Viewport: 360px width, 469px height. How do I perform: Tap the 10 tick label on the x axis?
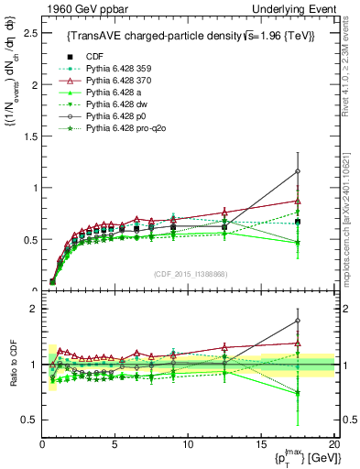[188, 445]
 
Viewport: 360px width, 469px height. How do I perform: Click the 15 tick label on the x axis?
[260, 445]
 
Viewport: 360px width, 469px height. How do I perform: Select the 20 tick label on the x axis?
[333, 445]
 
